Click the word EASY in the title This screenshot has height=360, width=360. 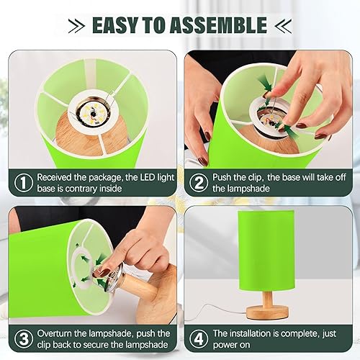(x=117, y=26)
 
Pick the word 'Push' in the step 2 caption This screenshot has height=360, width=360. (x=225, y=176)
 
